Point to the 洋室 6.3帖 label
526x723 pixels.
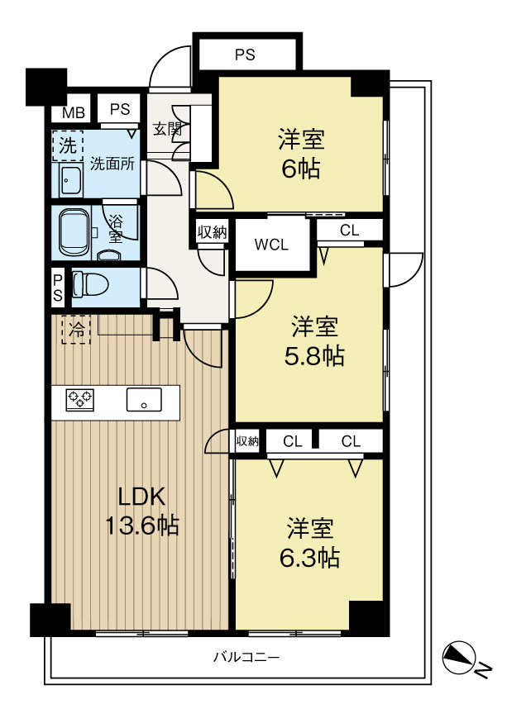(310, 542)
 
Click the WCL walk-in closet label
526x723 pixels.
(272, 245)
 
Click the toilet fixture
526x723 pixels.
(90, 285)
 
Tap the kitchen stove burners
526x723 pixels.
(80, 400)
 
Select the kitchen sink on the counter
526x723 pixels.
(144, 400)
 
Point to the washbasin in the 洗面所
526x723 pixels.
(71, 177)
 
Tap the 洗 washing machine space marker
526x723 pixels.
(65, 146)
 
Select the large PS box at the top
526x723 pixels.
(245, 55)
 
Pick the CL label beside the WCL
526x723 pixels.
(350, 230)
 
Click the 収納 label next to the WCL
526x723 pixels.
(212, 232)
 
